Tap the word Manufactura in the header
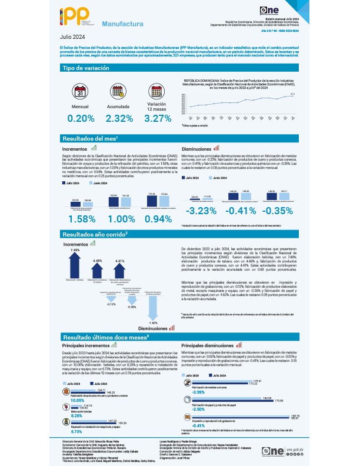tap(122, 25)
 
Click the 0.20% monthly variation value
tap(81, 118)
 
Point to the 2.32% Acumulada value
tap(119, 118)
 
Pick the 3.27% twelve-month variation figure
tap(158, 118)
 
